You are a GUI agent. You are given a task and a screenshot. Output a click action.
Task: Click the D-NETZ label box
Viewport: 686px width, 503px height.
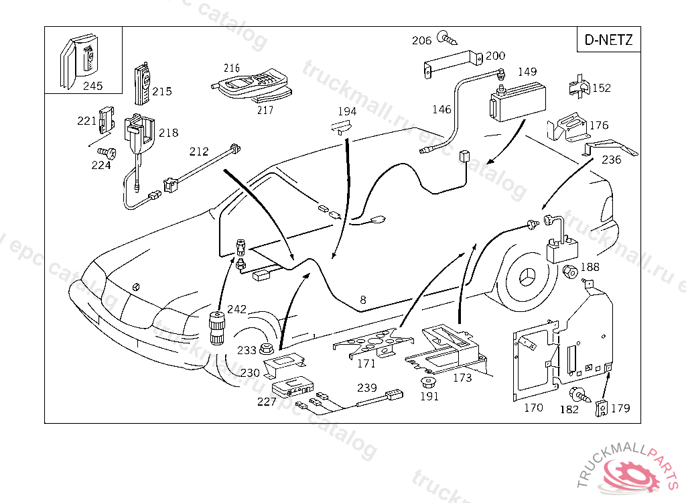pos(608,40)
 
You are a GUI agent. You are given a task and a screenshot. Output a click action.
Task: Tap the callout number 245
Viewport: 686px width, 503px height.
pos(92,85)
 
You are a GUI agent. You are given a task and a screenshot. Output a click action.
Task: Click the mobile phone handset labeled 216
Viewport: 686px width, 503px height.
pos(249,82)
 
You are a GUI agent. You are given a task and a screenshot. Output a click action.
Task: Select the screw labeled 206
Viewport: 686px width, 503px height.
pos(448,38)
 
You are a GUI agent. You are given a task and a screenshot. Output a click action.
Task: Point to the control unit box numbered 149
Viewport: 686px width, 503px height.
pos(518,102)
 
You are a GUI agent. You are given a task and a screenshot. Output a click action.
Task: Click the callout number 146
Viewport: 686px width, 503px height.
pos(441,109)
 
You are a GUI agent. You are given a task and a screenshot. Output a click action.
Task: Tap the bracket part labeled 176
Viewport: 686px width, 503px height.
pos(566,127)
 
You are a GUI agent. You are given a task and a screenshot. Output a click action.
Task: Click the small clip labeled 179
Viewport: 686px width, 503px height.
pos(602,408)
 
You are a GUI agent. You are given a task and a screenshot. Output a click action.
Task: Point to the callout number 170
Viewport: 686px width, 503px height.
pos(533,408)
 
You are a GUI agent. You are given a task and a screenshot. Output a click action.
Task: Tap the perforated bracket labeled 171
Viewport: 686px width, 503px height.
pos(372,342)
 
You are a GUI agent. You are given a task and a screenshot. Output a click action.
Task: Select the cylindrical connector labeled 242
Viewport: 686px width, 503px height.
pos(216,328)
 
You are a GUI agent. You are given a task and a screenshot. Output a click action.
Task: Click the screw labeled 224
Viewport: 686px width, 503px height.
pos(107,154)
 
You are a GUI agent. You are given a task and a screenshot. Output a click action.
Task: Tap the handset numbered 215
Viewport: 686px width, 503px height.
pos(142,85)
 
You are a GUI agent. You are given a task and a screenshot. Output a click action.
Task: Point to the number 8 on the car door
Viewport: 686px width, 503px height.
pos(362,300)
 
